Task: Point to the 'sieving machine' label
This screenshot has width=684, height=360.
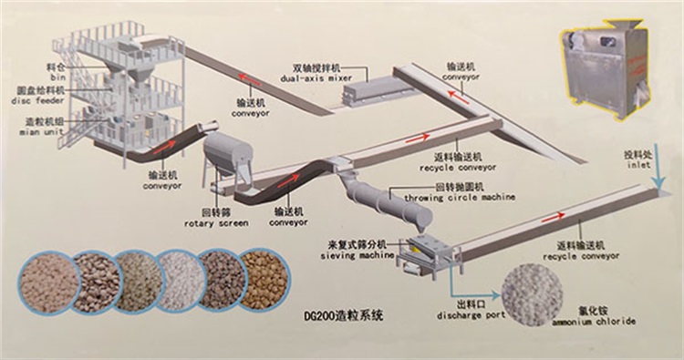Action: point(352,257)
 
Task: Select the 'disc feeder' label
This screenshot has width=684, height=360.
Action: point(37,100)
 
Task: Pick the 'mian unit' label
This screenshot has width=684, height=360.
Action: point(38,129)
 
